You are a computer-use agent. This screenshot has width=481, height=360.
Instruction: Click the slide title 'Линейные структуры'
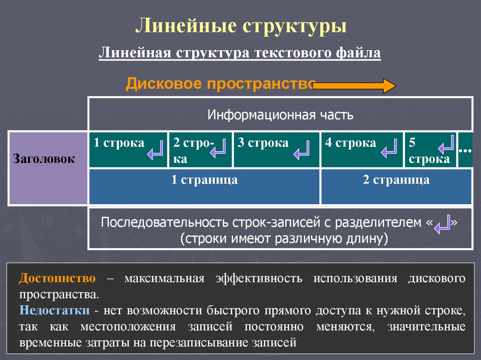click(x=241, y=25)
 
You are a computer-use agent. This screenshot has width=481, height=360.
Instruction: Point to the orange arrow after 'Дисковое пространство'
click(x=355, y=86)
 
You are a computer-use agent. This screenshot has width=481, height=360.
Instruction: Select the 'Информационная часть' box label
click(x=280, y=115)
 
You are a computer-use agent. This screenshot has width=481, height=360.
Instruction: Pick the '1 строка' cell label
click(x=118, y=143)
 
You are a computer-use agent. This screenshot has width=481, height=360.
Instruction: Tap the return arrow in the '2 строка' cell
click(x=218, y=151)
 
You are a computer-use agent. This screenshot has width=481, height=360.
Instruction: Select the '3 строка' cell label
click(x=263, y=143)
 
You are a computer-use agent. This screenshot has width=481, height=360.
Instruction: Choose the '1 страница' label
click(x=204, y=180)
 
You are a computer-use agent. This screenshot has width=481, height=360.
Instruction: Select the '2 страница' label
click(x=396, y=180)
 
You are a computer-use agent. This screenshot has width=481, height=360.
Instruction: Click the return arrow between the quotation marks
click(x=442, y=225)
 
